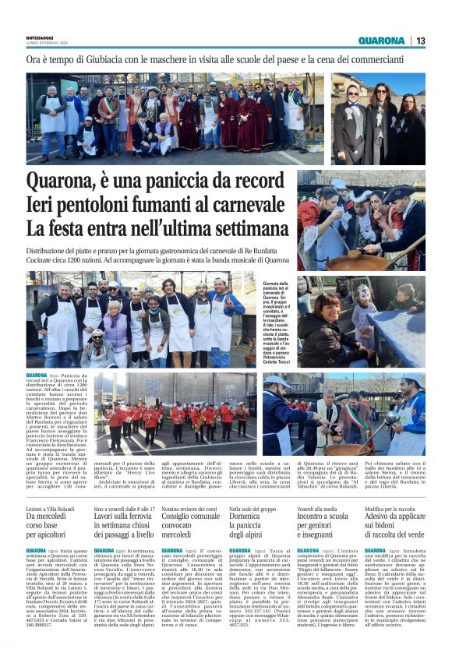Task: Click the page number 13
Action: [x=421, y=41]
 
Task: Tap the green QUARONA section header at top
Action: [x=381, y=41]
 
